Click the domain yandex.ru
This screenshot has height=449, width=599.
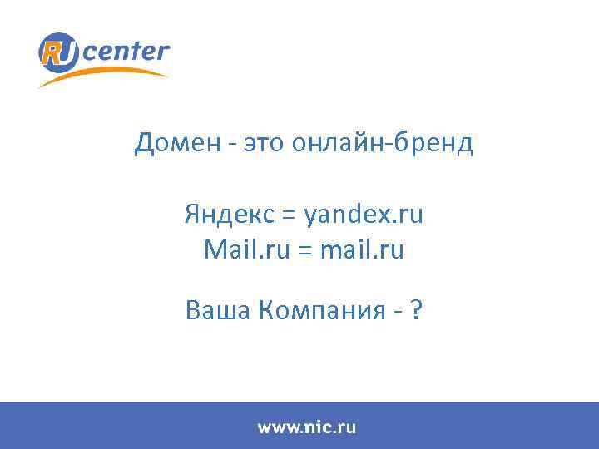(364, 215)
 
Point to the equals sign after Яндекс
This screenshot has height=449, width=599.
(289, 216)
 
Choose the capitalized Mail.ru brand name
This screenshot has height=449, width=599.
(236, 249)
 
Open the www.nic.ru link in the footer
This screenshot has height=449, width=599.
(306, 427)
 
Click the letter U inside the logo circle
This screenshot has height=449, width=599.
(67, 52)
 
